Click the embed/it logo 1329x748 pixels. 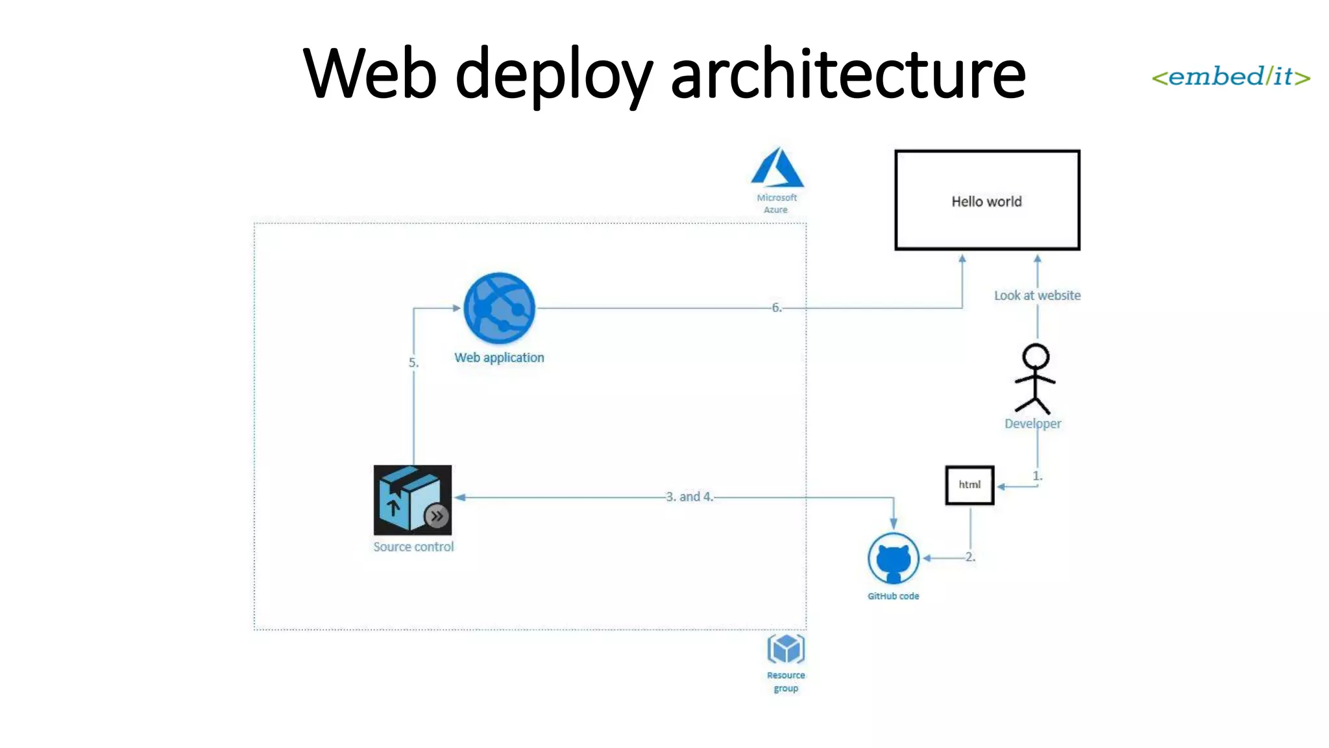[1230, 77]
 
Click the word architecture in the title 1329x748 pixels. [847, 75]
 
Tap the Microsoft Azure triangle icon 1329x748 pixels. [777, 168]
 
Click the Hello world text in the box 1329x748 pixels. [986, 202]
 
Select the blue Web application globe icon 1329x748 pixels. [499, 308]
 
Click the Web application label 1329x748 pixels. [499, 358]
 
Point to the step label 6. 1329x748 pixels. [777, 308]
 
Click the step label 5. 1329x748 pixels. [413, 363]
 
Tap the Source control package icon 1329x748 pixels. [413, 500]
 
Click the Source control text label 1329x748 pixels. [413, 547]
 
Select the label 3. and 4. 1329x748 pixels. [689, 497]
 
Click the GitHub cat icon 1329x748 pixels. [894, 558]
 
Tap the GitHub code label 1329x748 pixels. [893, 596]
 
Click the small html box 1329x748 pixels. [969, 485]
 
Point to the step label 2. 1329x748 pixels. [970, 557]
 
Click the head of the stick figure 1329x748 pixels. [1036, 356]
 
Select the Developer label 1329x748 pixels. [1032, 423]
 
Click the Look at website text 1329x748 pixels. [1037, 295]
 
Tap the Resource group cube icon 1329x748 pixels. [786, 649]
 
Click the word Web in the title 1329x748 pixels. [370, 75]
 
